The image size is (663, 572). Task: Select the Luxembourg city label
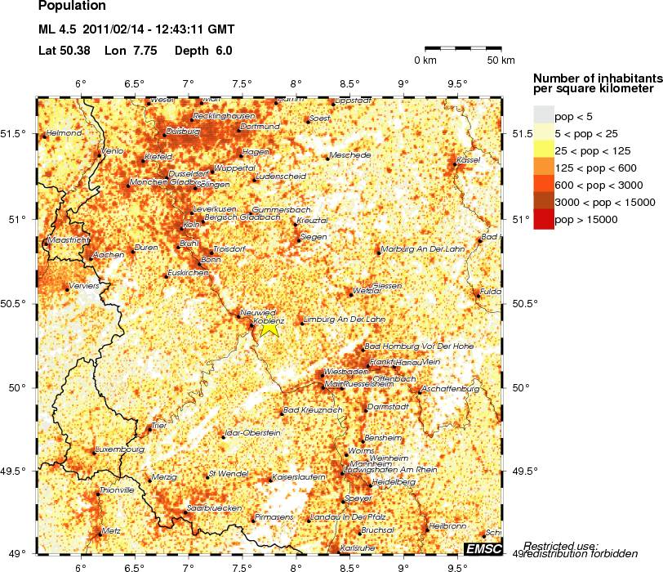click(x=121, y=449)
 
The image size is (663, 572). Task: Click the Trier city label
click(x=158, y=426)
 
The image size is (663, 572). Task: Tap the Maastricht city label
click(x=69, y=241)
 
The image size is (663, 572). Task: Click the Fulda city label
click(x=490, y=290)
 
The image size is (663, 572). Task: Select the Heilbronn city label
click(x=447, y=525)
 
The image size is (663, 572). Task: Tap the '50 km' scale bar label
click(x=501, y=60)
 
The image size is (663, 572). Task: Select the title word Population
click(x=72, y=6)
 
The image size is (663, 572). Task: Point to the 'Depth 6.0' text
click(x=204, y=51)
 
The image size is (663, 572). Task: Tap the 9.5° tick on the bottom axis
click(x=457, y=565)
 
